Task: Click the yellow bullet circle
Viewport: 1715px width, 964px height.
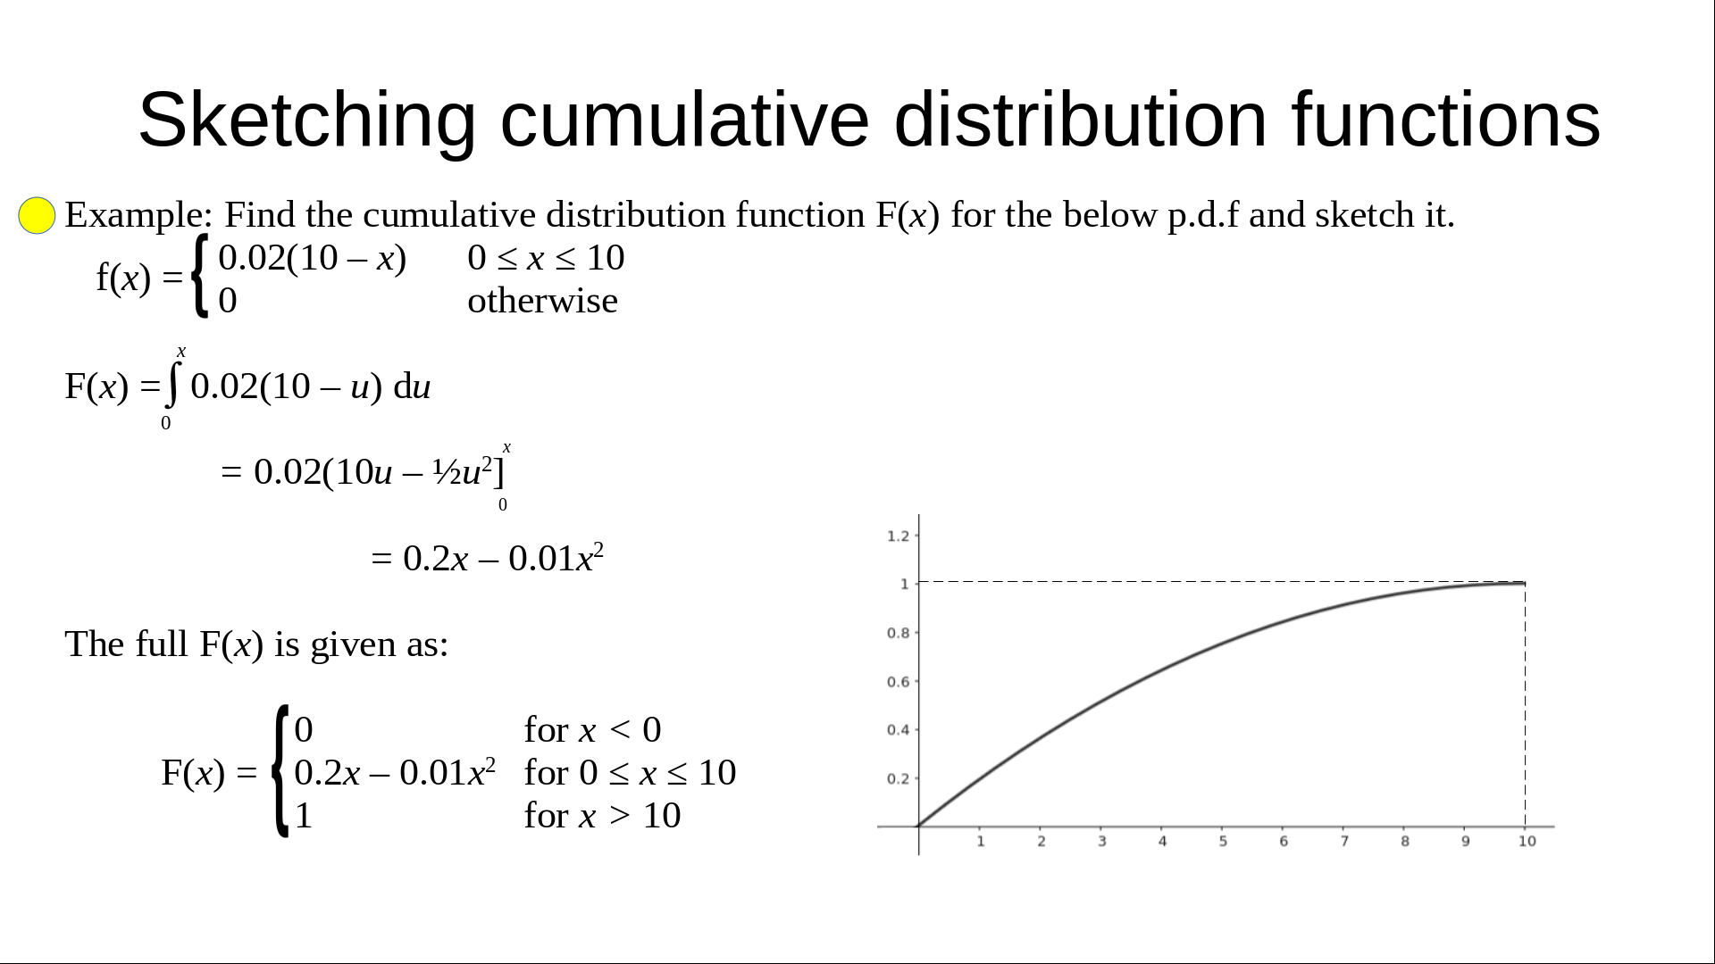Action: tap(37, 215)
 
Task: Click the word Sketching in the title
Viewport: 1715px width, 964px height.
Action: tap(306, 120)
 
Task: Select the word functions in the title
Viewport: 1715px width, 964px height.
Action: tap(1445, 119)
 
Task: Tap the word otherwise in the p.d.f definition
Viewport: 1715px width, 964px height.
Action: tap(542, 301)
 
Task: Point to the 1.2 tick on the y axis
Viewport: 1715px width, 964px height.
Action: tap(898, 536)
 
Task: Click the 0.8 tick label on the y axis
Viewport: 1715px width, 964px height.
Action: tap(898, 633)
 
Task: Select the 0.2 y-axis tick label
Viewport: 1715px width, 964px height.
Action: tap(898, 778)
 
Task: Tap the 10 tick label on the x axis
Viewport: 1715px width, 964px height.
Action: tap(1527, 841)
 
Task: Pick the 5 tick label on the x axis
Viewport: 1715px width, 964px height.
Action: tap(1223, 841)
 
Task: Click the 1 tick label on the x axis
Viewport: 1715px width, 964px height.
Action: tap(980, 841)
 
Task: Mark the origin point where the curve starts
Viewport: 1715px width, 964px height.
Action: tap(919, 827)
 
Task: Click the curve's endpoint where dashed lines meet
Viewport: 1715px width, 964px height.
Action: tap(1525, 583)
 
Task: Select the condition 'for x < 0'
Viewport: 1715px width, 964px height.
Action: tap(592, 730)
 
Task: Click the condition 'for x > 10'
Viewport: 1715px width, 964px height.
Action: tap(602, 816)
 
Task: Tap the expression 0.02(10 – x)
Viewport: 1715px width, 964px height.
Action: tap(313, 258)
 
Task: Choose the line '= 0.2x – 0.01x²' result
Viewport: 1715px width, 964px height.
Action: tap(488, 558)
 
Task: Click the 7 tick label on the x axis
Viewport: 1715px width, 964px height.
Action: tap(1344, 841)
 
